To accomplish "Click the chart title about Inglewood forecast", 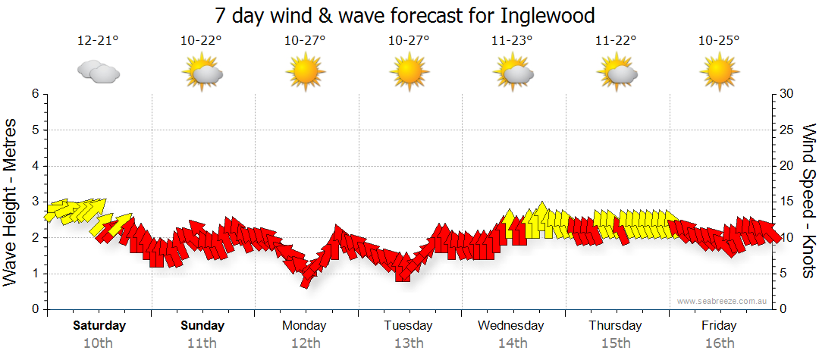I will click(405, 15).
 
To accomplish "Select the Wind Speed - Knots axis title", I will click(808, 202).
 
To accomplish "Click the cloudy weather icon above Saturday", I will click(99, 71).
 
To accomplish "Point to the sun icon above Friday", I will click(719, 73).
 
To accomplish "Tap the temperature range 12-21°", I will click(99, 42).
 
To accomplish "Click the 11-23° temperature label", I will click(513, 42).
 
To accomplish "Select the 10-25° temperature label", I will click(719, 42).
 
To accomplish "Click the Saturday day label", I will click(99, 326).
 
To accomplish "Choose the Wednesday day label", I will click(511, 326).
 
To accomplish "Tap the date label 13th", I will click(408, 343).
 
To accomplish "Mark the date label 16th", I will click(719, 343).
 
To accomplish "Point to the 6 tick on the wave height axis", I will click(34, 94).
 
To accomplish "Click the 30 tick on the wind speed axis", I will click(787, 94).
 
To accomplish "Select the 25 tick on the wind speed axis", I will click(787, 130).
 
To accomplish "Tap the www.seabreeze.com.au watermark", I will click(723, 302).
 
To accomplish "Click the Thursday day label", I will click(615, 326).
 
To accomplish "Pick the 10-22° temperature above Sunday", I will click(202, 42).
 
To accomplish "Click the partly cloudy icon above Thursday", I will click(616, 73).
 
